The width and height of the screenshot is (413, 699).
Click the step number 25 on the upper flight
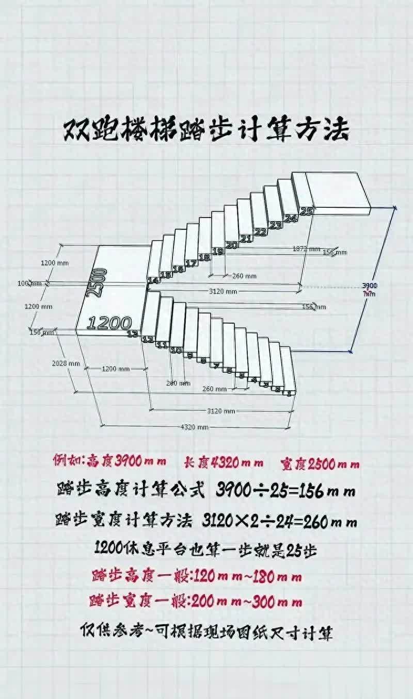coord(306,211)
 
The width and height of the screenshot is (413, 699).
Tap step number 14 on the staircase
coord(153,280)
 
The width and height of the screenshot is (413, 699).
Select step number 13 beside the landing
coord(133,334)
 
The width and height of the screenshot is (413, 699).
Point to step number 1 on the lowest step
coord(289,393)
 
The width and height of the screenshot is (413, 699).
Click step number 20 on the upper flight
coord(232,245)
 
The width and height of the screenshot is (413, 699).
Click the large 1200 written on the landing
coord(109,323)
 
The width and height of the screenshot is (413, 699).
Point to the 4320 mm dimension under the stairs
coord(195,427)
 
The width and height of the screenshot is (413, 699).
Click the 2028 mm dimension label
coord(66,363)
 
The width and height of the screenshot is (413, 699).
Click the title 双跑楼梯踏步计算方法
coord(206,131)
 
